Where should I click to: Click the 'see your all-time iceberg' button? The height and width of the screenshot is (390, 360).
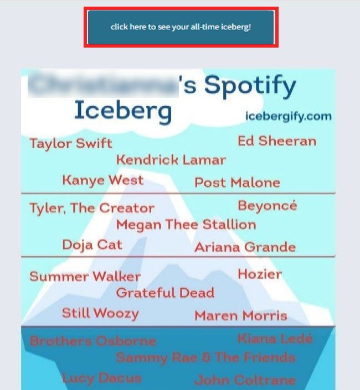pos(181,27)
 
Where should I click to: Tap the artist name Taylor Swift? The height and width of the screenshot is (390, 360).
pos(70,144)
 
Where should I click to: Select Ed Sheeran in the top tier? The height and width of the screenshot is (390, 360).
pos(277,141)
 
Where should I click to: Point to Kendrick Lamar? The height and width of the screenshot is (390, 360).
pos(171,160)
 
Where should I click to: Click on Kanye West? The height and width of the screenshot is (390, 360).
pos(103,180)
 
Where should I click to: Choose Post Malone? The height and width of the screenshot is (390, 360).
pos(237,183)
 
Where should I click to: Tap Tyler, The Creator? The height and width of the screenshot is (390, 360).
pos(92,209)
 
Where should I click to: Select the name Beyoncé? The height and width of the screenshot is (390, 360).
pos(268,206)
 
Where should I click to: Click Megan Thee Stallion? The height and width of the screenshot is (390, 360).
pos(186,225)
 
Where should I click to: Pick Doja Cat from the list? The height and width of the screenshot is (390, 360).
pos(92,245)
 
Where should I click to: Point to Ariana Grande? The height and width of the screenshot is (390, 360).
pos(245,247)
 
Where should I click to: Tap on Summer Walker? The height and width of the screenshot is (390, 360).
pos(85,277)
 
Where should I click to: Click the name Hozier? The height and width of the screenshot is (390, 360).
pos(260,274)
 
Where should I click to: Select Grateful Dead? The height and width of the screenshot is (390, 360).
pos(165,293)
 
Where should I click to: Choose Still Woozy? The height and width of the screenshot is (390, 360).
pos(100,313)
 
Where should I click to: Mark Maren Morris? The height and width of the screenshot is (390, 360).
pos(241,316)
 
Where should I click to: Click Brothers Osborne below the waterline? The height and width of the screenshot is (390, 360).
pos(93,341)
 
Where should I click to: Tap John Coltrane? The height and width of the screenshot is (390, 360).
pos(245,381)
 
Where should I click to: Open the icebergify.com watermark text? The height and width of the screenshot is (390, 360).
pos(289,116)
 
